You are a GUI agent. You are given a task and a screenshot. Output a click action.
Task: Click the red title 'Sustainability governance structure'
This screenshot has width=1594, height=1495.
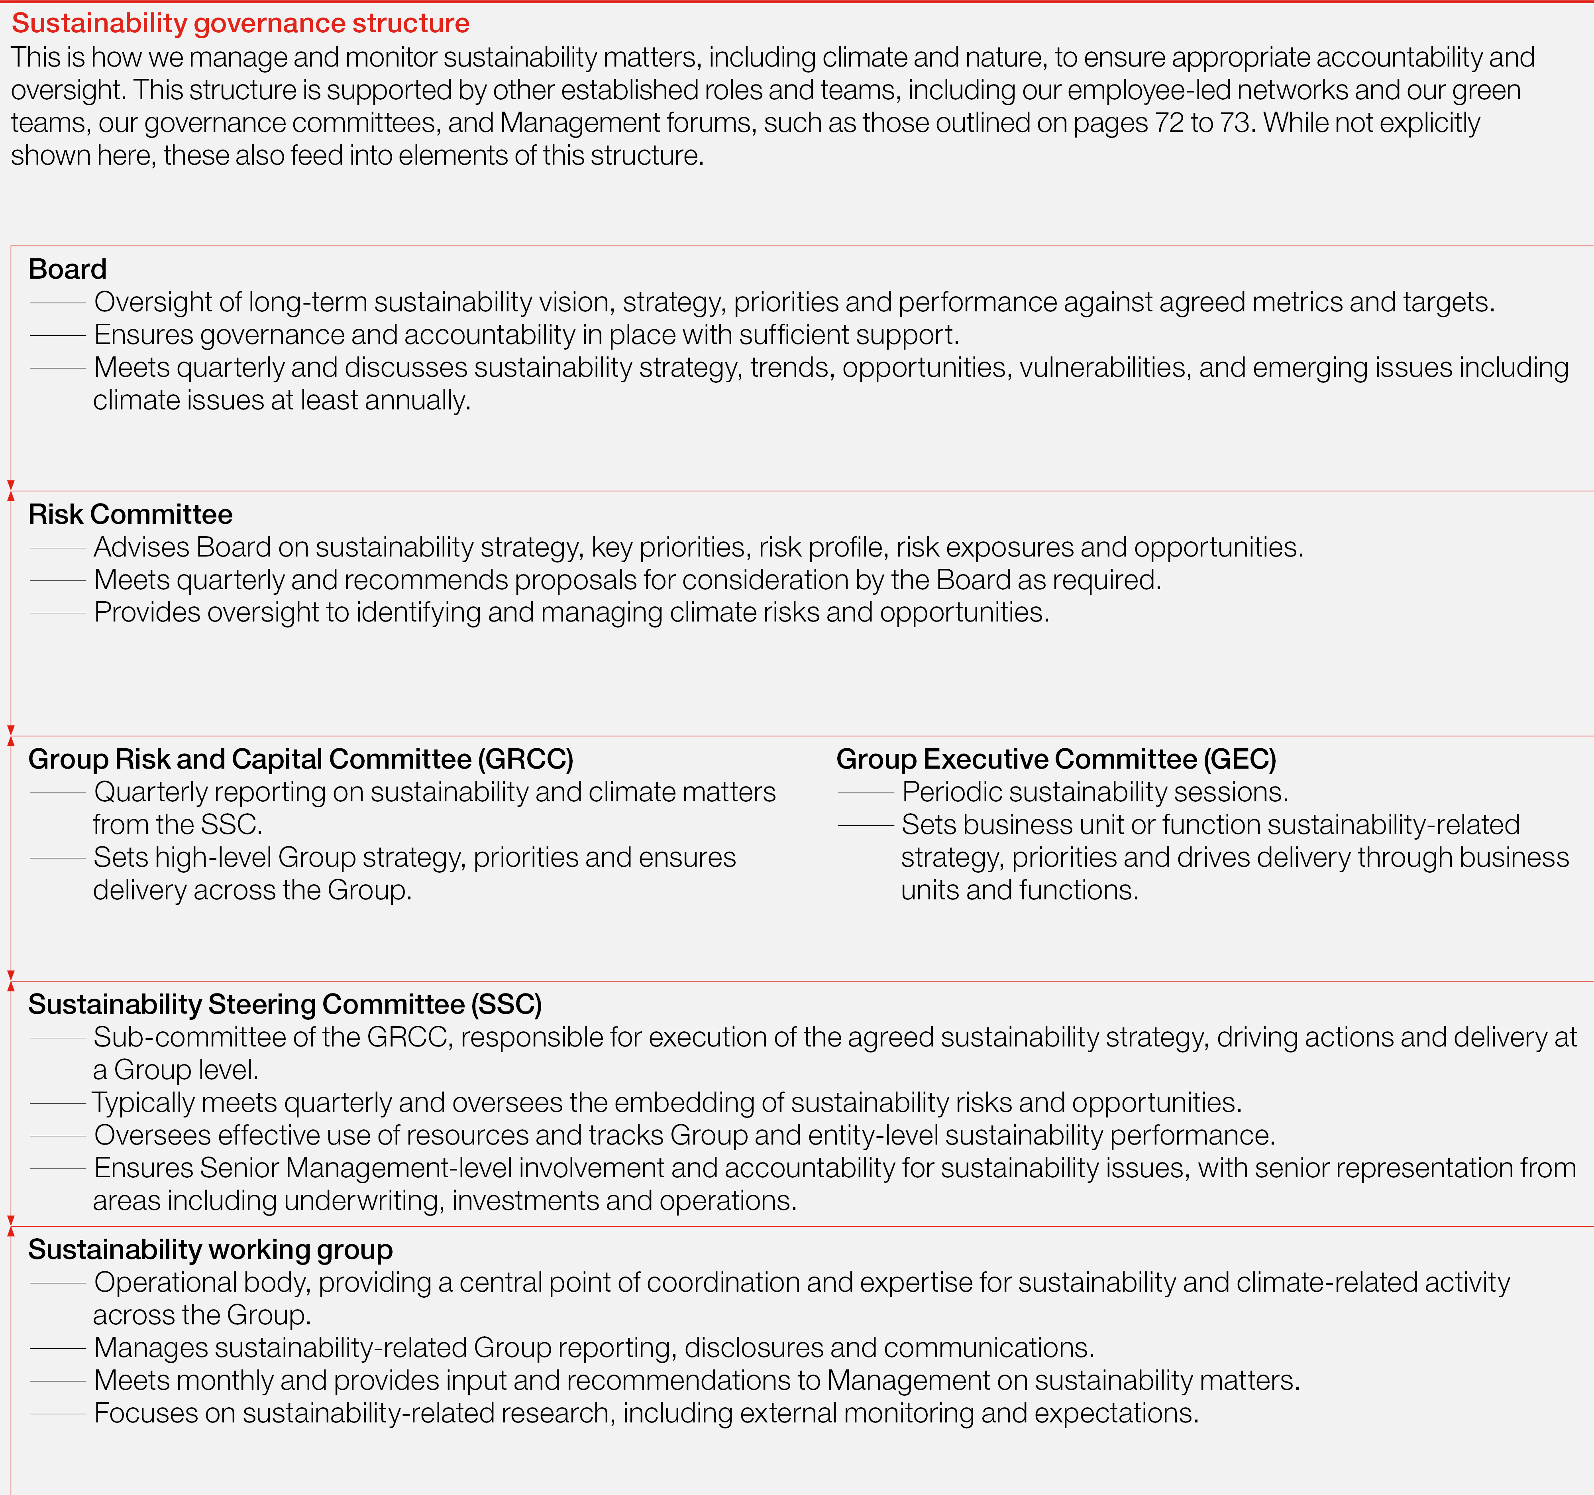241,23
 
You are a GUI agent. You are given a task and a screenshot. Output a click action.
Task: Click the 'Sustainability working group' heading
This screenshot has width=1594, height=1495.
210,1249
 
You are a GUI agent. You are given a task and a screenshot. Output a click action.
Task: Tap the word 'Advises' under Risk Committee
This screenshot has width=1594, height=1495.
142,547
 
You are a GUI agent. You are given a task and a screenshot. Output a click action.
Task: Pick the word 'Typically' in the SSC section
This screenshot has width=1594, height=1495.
143,1103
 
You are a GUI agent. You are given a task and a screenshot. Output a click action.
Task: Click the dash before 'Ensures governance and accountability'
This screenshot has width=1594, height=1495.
58,335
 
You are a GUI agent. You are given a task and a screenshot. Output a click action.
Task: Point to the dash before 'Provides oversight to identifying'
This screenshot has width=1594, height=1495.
58,613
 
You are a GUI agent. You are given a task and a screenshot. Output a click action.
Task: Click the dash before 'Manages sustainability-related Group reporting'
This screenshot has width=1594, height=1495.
58,1348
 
